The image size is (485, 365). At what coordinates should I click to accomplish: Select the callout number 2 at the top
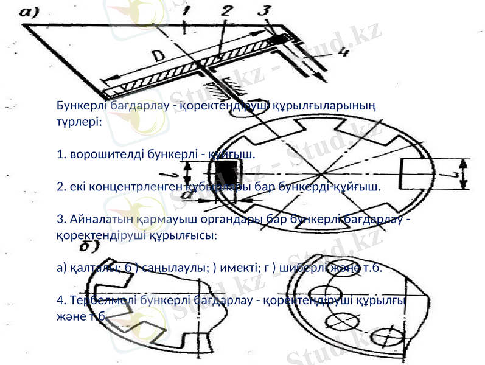[226, 11]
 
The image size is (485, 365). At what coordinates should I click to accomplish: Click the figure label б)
[90, 246]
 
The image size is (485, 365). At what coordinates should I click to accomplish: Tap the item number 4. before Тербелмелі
[61, 301]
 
